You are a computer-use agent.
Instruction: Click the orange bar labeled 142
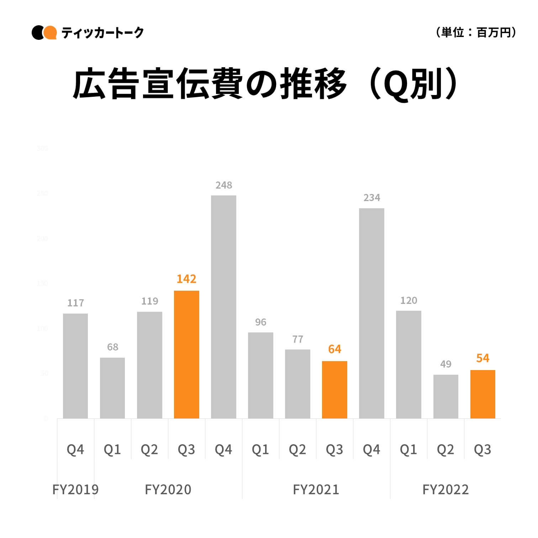click(186, 354)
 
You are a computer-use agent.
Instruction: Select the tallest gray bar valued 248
click(223, 307)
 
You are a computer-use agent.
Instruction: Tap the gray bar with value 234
click(371, 313)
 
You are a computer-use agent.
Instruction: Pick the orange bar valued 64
click(334, 390)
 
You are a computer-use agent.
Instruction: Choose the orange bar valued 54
click(482, 394)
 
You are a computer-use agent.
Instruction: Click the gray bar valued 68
click(112, 388)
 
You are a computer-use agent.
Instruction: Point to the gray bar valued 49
click(445, 396)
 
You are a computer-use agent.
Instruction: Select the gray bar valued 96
click(260, 375)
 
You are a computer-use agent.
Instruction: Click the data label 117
click(75, 303)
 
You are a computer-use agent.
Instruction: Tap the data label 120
click(408, 300)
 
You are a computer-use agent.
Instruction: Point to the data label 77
click(297, 339)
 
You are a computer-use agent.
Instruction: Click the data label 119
click(149, 301)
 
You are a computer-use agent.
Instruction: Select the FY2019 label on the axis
click(75, 490)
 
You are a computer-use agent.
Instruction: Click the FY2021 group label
click(316, 490)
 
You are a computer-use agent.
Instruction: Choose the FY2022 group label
click(445, 490)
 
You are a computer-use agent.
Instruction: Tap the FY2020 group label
click(168, 490)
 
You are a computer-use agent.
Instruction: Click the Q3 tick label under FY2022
click(482, 450)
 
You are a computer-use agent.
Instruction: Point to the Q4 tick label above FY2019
click(75, 450)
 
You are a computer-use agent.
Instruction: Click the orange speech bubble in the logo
click(50, 33)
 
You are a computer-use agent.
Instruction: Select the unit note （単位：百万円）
click(475, 33)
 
